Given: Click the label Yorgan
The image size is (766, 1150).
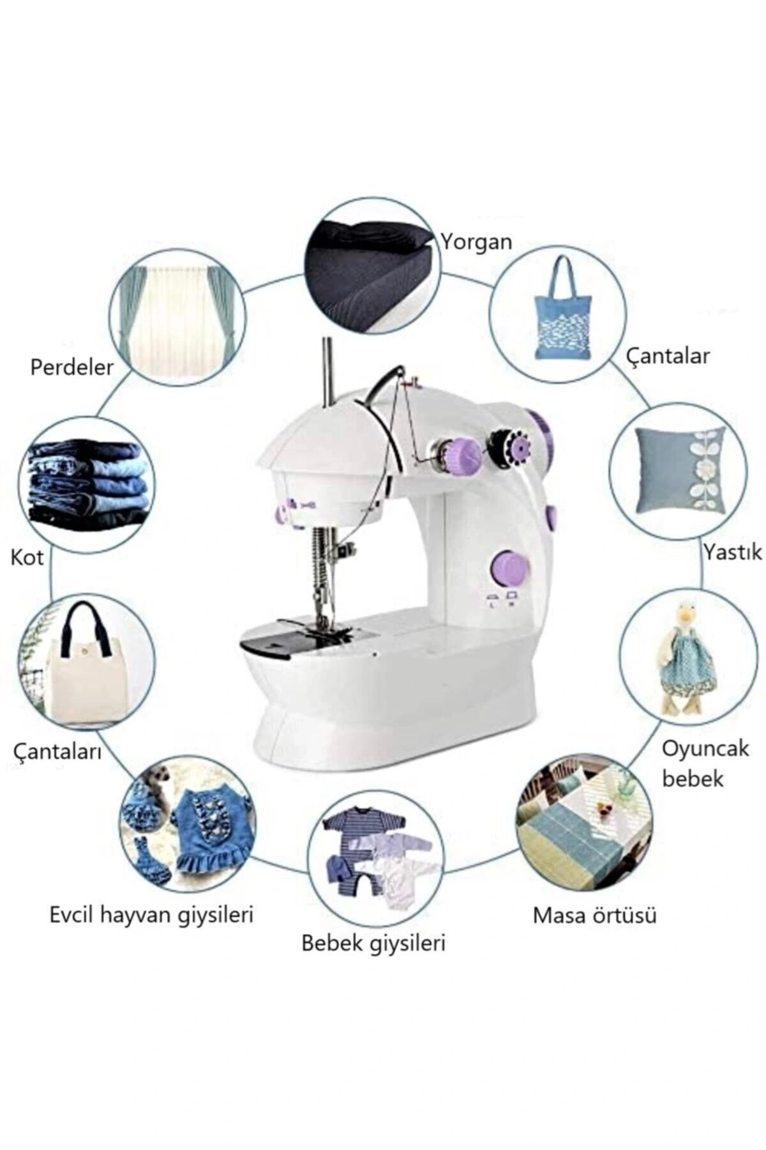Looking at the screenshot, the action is pyautogui.click(x=477, y=242).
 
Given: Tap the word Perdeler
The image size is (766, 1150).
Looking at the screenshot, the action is pyautogui.click(x=72, y=367).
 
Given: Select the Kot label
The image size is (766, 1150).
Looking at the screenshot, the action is pyautogui.click(x=27, y=558).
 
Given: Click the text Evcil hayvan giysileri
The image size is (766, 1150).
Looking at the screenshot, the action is pyautogui.click(x=152, y=915).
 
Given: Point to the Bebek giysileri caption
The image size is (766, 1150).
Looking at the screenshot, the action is pyautogui.click(x=373, y=943).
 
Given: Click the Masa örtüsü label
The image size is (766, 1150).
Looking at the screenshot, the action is pyautogui.click(x=595, y=915).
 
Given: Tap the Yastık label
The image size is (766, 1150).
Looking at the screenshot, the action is pyautogui.click(x=732, y=551).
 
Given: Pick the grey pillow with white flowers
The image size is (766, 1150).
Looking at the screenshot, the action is pyautogui.click(x=681, y=470).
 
